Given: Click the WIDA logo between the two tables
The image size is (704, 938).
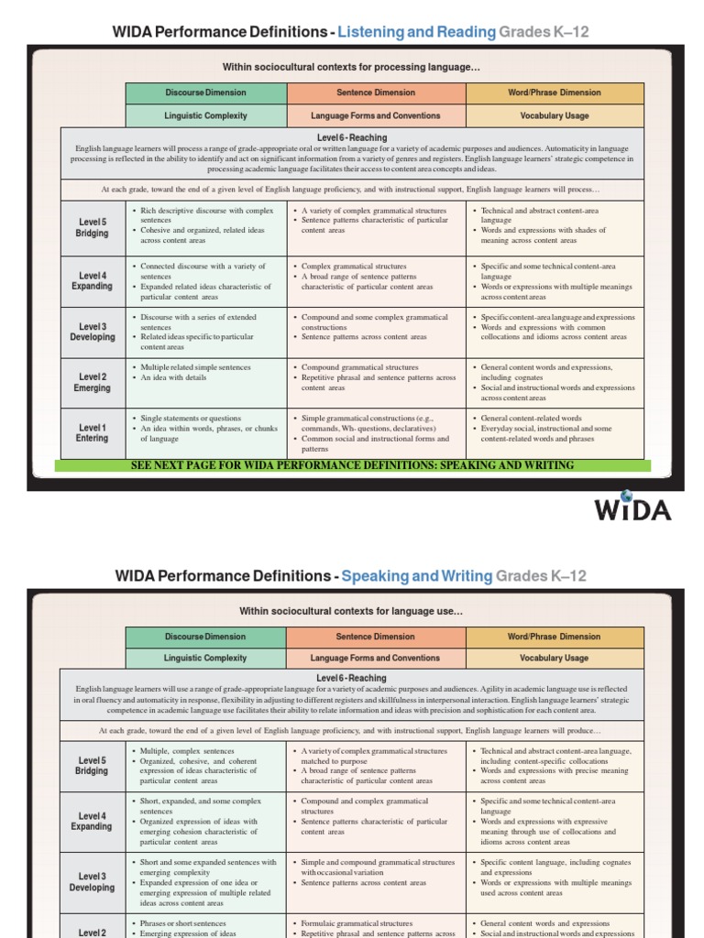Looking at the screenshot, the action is (632, 508).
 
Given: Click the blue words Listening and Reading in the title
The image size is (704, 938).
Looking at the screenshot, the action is (416, 33).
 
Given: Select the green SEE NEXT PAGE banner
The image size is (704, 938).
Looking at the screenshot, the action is (353, 465).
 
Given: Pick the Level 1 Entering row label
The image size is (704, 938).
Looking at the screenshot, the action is (91, 433).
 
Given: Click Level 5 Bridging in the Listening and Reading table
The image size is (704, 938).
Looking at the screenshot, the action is (91, 228).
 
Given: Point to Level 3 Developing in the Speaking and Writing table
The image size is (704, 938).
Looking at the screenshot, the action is (91, 882).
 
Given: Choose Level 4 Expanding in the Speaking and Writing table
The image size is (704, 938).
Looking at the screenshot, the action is (91, 821).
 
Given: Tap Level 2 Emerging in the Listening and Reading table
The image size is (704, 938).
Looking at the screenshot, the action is (91, 382).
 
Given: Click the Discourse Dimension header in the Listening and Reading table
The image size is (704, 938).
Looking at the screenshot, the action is (206, 93).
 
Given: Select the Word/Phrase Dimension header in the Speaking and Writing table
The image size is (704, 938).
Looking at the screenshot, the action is (555, 637).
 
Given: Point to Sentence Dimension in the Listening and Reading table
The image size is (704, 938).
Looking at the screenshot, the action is (376, 93).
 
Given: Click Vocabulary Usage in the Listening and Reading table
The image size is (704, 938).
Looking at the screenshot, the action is (555, 116).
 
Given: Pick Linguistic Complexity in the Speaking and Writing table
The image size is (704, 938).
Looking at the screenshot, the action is (206, 659).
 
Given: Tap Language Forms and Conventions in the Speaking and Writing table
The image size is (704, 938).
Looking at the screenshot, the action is (376, 659).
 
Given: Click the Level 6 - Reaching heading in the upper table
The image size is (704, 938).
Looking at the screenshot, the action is (352, 138).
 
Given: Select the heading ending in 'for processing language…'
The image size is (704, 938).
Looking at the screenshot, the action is (352, 67).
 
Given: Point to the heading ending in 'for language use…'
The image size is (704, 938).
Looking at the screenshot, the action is (352, 611).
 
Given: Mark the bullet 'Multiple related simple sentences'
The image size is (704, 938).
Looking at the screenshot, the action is (194, 367).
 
